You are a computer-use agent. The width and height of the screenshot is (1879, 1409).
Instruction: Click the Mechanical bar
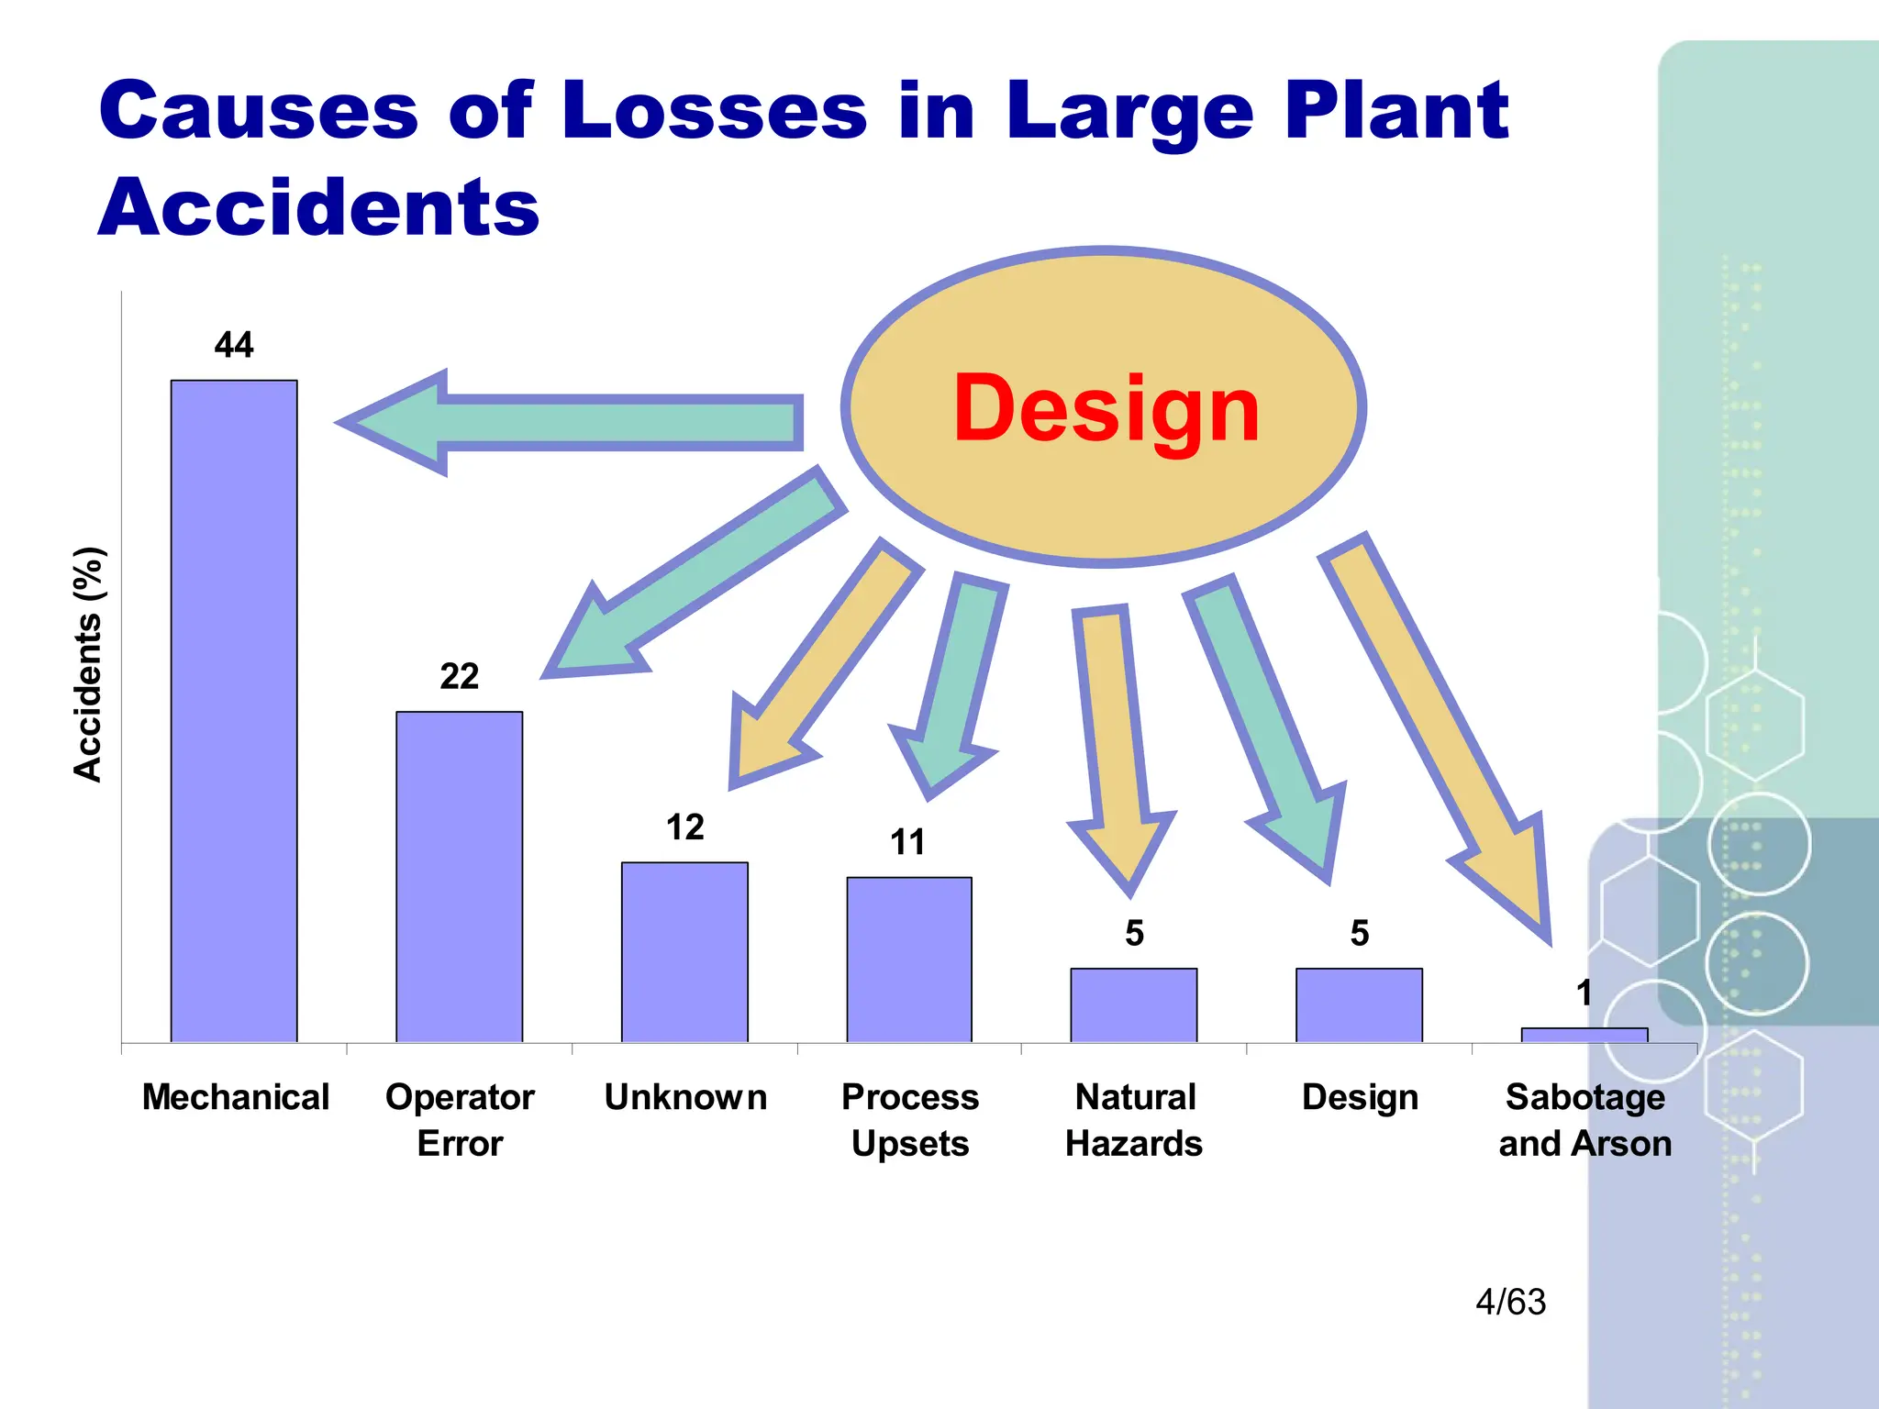coord(234,711)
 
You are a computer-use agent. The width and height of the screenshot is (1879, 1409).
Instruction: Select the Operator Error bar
coord(459,876)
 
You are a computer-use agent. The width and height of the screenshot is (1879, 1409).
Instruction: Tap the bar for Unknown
coord(684,951)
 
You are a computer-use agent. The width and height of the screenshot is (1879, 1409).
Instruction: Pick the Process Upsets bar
coord(909,959)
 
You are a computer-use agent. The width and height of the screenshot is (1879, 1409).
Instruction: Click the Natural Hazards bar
coord(1134,1004)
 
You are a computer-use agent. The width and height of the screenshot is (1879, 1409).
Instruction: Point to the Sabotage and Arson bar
coord(1584,1035)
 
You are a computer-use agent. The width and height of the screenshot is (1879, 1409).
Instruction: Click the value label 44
coord(234,345)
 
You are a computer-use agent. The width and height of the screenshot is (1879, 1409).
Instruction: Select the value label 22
coord(459,676)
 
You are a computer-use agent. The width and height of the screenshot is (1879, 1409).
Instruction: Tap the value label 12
coord(684,827)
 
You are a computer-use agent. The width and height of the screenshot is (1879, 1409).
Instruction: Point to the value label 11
coord(908,842)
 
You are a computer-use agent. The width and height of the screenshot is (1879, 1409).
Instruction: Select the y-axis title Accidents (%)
coord(89,664)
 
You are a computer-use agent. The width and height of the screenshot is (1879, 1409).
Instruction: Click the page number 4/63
coord(1510,1302)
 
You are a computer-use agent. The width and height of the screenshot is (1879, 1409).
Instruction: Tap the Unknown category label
coord(685,1097)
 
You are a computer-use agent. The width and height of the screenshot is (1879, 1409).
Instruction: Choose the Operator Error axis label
coord(460,1120)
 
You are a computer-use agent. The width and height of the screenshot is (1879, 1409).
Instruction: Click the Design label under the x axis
coord(1360,1097)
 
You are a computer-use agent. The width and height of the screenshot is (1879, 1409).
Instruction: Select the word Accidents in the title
coord(318,207)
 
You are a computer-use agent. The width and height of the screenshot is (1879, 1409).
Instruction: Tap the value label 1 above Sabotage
coord(1584,993)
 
